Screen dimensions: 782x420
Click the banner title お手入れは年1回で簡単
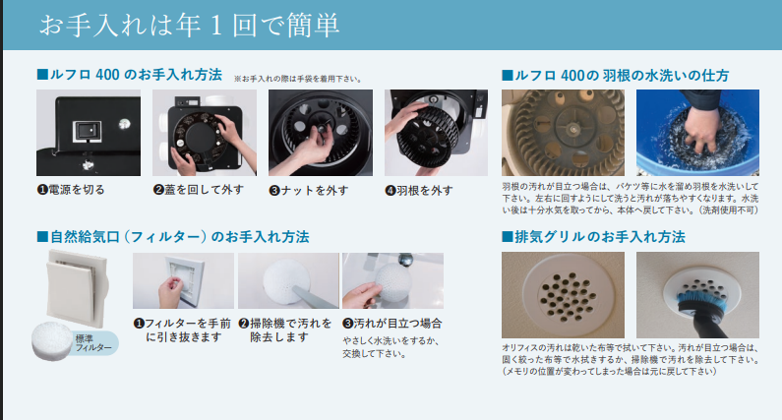pos(190,25)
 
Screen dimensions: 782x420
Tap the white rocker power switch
pos(88,131)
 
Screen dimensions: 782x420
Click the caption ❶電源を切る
pos(71,190)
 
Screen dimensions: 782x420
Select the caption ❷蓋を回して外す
pos(199,190)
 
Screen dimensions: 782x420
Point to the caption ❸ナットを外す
pos(309,191)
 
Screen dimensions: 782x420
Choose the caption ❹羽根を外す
pos(419,191)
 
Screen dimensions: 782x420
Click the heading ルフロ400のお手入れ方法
pos(130,75)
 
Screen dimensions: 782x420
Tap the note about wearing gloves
pos(298,79)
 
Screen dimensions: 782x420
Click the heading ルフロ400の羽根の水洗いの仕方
pos(616,76)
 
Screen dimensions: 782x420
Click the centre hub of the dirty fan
pos(574,128)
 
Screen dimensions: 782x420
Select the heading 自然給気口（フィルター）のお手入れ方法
pos(173,236)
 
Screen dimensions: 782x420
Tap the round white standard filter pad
pos(51,340)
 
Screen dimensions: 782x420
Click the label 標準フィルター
pos(93,342)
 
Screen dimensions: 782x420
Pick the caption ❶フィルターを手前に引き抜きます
pos(183,330)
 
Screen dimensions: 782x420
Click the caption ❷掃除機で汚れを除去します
pos(285,330)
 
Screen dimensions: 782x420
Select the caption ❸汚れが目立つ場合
pos(392,324)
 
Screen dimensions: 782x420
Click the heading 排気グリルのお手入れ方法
pos(593,236)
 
